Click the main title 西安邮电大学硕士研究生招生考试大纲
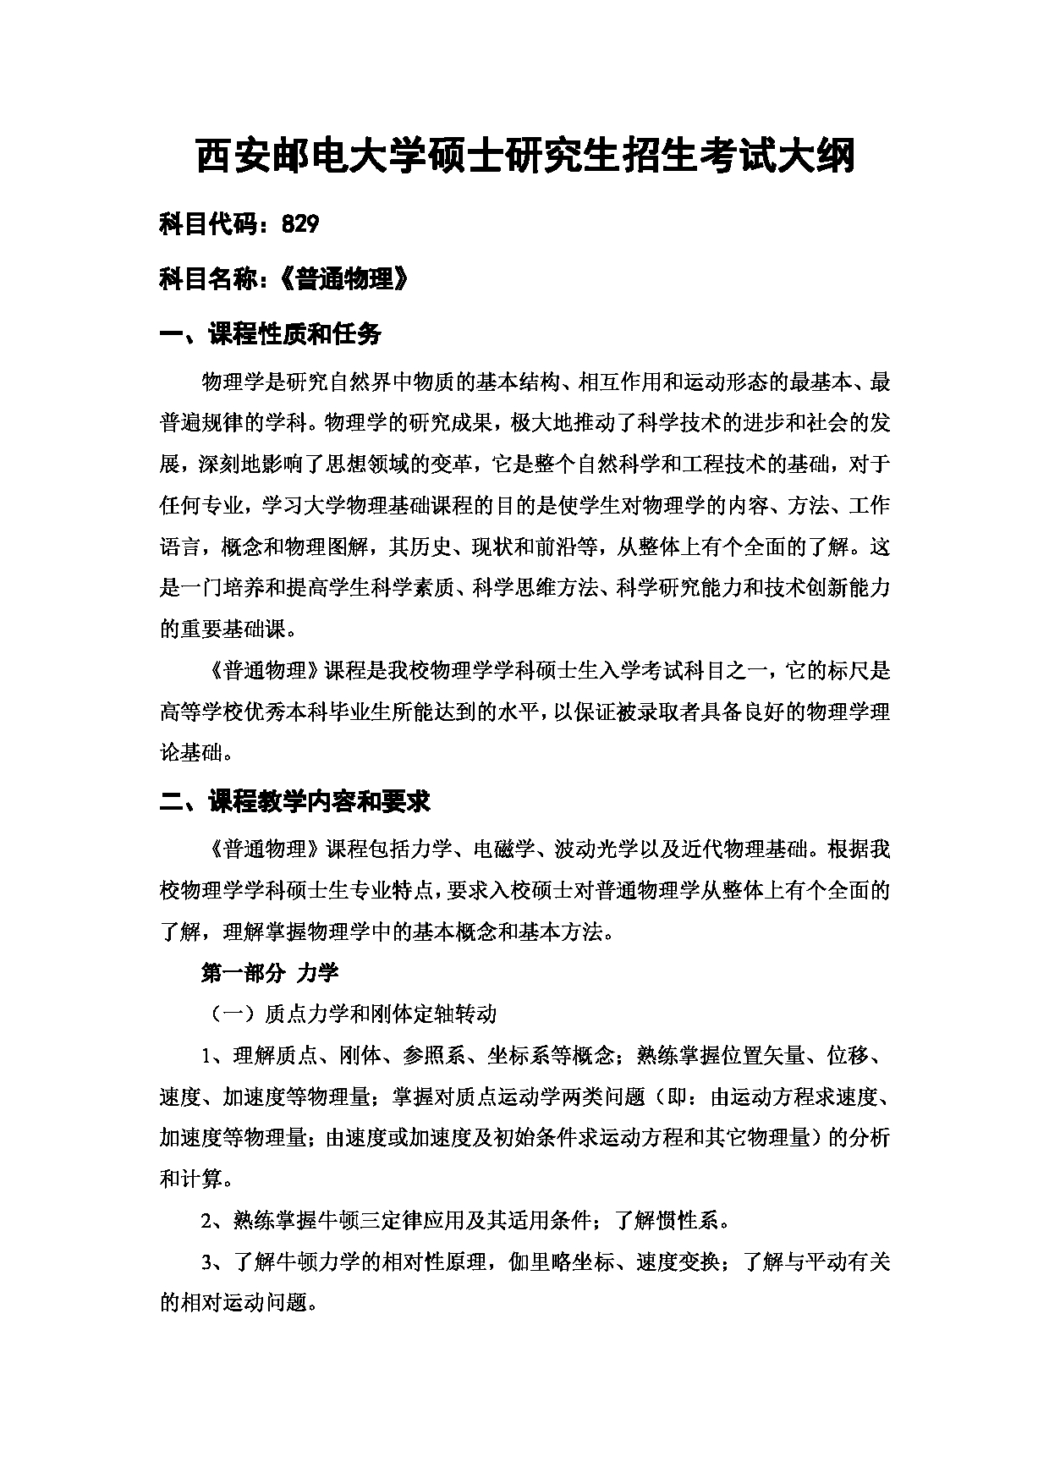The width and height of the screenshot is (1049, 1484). coord(524,157)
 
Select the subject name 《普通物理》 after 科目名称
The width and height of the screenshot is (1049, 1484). coord(343,278)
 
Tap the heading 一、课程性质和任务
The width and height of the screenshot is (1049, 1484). coord(271,333)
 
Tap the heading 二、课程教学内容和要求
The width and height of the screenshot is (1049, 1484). coord(295,801)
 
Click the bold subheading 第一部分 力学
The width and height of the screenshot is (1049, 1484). coord(270,972)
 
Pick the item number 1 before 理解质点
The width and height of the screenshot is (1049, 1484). coord(206,1056)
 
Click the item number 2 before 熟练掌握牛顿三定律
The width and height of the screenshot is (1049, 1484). coord(206,1222)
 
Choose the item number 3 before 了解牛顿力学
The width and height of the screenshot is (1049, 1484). coord(206,1263)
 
